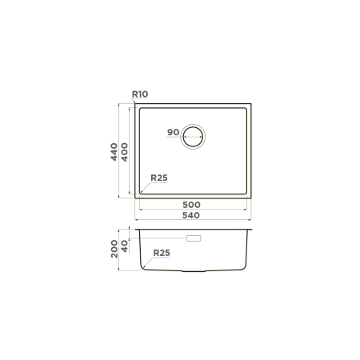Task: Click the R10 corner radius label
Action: click(x=140, y=94)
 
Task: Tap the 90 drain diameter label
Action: click(x=172, y=132)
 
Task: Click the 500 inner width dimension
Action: click(x=190, y=205)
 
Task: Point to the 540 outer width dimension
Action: click(x=190, y=215)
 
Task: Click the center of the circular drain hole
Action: click(x=194, y=137)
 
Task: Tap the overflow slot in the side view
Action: click(x=194, y=238)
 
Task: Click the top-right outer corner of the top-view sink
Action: click(x=250, y=104)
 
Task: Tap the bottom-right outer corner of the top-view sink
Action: click(x=250, y=197)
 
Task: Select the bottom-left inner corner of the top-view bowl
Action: click(x=142, y=192)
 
